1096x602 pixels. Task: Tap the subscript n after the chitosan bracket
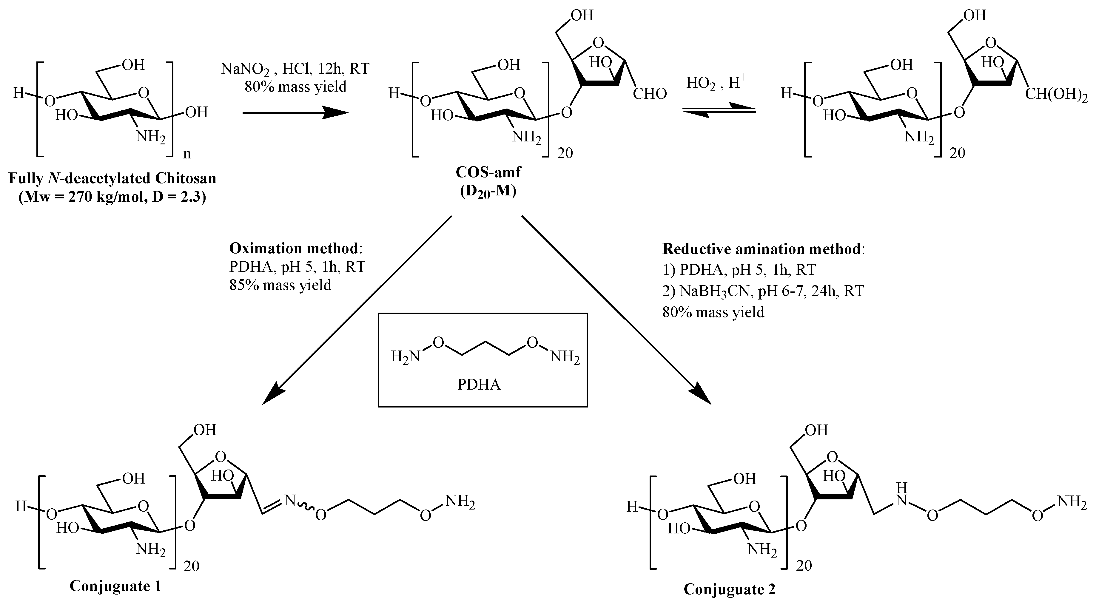[x=187, y=154]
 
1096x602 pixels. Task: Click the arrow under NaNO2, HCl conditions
[x=295, y=113]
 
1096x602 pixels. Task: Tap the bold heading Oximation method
[x=294, y=248]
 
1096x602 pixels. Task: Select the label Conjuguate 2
[x=729, y=589]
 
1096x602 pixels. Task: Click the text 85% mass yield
[x=280, y=285]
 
